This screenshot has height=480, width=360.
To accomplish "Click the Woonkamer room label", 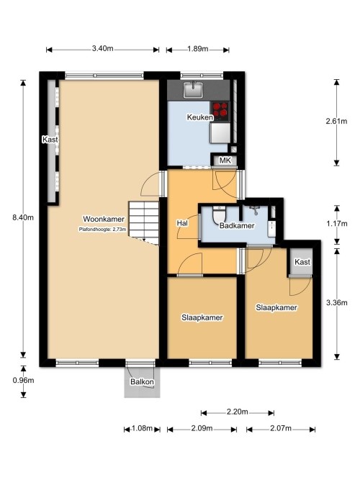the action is pos(104,219).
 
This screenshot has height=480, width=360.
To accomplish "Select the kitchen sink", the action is pos(193,90).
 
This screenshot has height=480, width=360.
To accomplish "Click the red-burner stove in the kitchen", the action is pos(220,111).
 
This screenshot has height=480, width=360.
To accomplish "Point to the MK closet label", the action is pos(225,160).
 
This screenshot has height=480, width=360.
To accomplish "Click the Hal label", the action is pos(182,223).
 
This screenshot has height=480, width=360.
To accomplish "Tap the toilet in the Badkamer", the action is pos(219,214).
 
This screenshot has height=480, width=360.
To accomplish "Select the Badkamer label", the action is pos(237,226).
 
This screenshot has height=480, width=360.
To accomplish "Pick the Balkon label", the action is pos(142,381).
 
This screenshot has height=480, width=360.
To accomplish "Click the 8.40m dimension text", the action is pos(23,217).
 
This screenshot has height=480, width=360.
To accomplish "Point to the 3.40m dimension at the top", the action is pos(103,48).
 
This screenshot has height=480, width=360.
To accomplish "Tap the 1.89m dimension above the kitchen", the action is pos(198,49).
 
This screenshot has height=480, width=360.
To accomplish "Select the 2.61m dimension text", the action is pos(336,121).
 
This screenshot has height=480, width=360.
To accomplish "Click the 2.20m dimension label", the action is pos(237,412).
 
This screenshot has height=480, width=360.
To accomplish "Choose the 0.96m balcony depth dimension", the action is pos(23,381).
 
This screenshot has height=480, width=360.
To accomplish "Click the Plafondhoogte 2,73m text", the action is pos(103,229).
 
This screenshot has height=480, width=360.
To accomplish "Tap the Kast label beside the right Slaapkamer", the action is pos(302,262).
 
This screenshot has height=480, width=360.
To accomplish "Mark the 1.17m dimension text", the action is pos(337,224).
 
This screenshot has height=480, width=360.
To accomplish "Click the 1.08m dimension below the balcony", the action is pos(142,428).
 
